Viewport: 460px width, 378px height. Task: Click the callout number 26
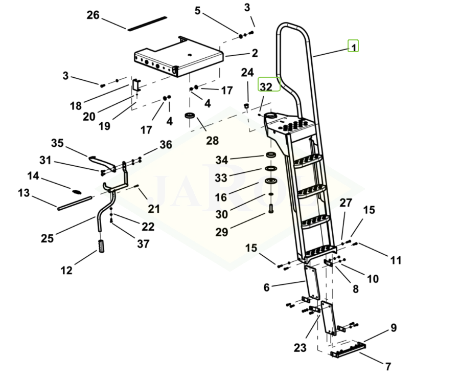click(93, 15)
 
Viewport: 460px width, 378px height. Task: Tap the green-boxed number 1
click(353, 46)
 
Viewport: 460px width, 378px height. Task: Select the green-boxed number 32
click(266, 86)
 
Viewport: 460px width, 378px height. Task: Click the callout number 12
click(66, 271)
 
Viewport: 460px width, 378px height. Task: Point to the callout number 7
click(388, 366)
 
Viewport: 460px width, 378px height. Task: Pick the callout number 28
click(212, 140)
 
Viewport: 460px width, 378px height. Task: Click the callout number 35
click(57, 143)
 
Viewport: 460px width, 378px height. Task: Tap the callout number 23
click(300, 348)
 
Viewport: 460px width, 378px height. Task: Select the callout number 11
click(396, 260)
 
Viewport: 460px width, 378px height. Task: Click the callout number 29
click(221, 232)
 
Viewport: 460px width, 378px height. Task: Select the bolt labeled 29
click(270, 209)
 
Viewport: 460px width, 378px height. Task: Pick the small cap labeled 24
click(245, 106)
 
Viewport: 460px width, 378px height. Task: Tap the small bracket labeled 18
click(136, 85)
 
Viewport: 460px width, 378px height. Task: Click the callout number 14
click(33, 176)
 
